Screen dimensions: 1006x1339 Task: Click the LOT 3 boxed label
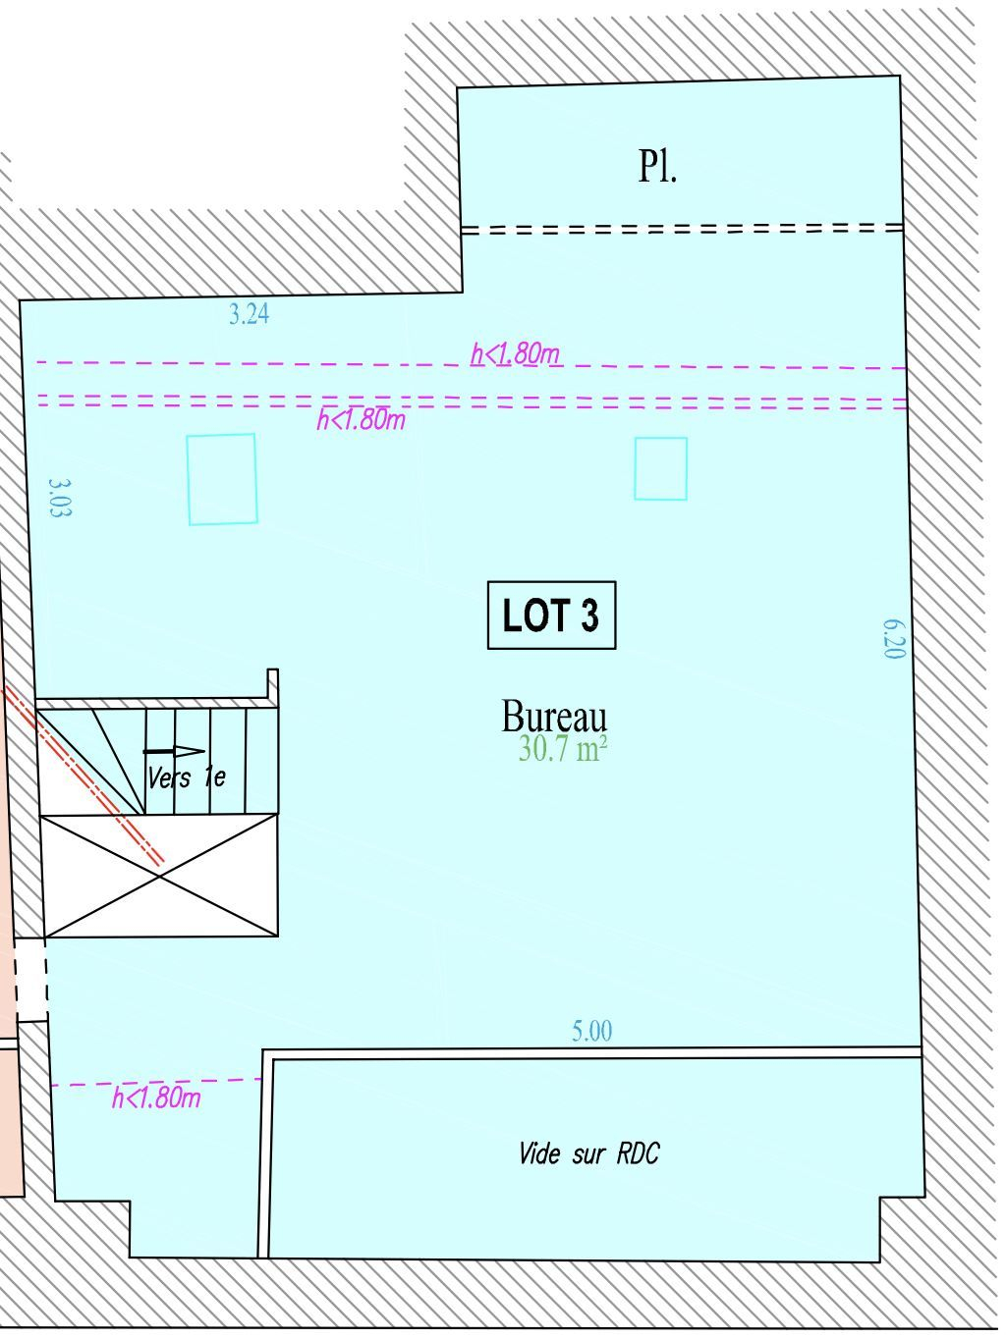pos(551,615)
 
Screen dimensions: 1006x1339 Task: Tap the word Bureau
pos(554,717)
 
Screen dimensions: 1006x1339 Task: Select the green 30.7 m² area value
pos(562,749)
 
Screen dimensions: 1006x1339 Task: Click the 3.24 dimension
pos(250,314)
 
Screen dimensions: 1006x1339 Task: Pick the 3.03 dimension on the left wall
pos(60,498)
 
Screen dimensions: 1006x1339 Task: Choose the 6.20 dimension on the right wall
pos(894,639)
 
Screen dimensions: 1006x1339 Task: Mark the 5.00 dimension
pos(591,1031)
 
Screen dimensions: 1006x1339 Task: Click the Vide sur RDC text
pos(589,1153)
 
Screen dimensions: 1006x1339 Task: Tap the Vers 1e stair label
pos(187,777)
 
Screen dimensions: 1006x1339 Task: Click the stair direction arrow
pos(174,751)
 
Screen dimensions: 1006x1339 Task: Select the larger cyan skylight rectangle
pos(222,479)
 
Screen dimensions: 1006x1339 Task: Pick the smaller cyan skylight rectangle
pos(660,468)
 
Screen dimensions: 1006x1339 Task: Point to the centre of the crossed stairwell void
pos(159,876)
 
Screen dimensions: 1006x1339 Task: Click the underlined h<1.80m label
pos(516,353)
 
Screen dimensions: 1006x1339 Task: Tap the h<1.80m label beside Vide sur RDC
pos(156,1098)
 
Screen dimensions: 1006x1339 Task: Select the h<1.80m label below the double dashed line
pos(362,420)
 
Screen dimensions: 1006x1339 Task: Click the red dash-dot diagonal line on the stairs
pos(84,776)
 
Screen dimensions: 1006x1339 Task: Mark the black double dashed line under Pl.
pos(682,229)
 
